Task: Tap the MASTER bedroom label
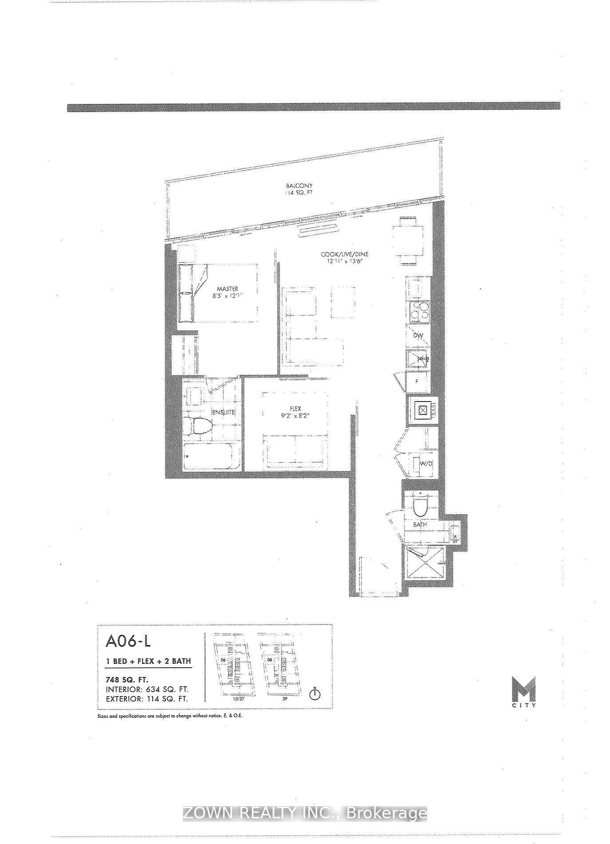(x=228, y=289)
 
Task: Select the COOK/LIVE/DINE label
(x=345, y=255)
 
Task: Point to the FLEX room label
(x=295, y=409)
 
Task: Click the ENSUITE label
(x=223, y=412)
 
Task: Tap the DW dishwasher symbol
(x=418, y=336)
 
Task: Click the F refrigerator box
(x=417, y=381)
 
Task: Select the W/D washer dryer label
(x=426, y=464)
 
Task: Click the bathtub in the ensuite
(x=207, y=456)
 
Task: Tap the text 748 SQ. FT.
(x=127, y=680)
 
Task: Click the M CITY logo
(x=523, y=692)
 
